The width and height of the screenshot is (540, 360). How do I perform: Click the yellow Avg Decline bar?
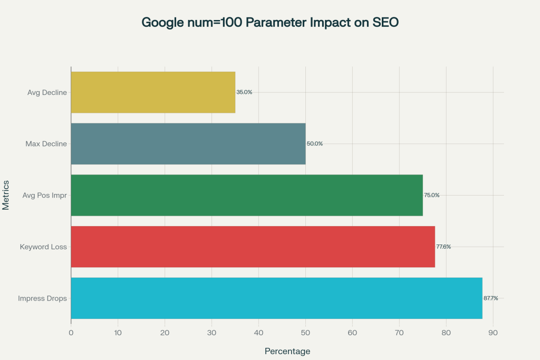[x=153, y=92]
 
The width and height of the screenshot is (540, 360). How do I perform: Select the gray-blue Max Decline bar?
[x=188, y=143]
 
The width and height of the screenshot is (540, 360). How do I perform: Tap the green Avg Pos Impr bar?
[x=247, y=195]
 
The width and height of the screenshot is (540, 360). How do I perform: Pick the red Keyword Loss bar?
[x=253, y=247]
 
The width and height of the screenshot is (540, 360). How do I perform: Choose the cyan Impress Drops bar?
[x=277, y=298]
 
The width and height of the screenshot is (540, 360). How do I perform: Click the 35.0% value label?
[x=244, y=92]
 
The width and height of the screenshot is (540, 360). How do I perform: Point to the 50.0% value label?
[x=315, y=144]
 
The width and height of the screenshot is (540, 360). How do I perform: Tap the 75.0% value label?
[x=432, y=195]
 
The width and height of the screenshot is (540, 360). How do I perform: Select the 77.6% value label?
[x=443, y=247]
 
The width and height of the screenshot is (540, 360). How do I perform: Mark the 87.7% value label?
[x=490, y=298]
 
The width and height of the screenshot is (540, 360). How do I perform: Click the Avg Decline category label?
[x=47, y=92]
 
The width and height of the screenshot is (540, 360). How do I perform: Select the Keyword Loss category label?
[x=43, y=247]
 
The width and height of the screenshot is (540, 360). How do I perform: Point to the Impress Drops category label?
[x=42, y=298]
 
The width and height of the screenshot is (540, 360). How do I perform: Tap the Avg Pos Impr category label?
[x=45, y=195]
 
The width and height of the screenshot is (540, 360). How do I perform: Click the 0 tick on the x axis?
[x=71, y=333]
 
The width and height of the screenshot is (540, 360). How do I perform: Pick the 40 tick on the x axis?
[x=258, y=333]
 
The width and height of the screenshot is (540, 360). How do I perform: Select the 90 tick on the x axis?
[x=493, y=333]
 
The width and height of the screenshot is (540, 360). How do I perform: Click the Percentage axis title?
[x=287, y=351]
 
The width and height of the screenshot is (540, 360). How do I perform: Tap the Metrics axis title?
[x=6, y=195]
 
